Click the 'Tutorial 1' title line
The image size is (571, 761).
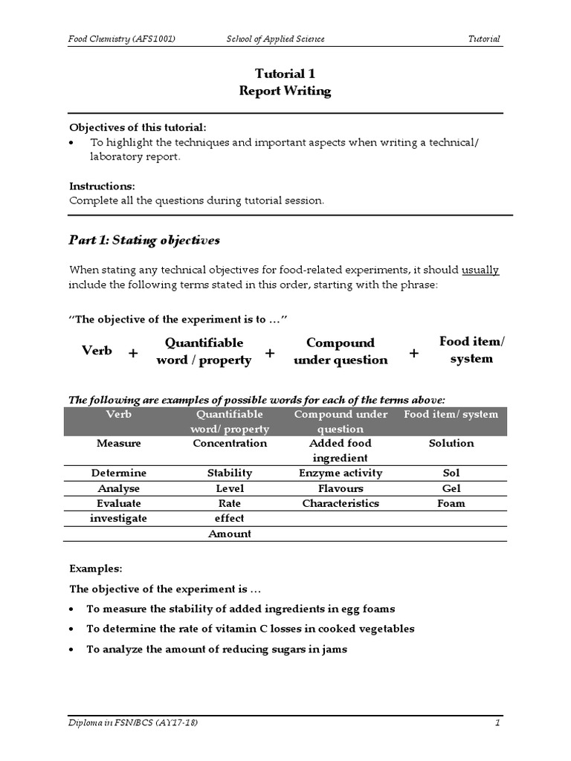pyautogui.click(x=280, y=74)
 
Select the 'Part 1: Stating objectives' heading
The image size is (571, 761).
pyautogui.click(x=144, y=241)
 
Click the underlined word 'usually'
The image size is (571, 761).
pyautogui.click(x=480, y=270)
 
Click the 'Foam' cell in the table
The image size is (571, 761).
pyautogui.click(x=451, y=504)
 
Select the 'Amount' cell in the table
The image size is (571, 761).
pyautogui.click(x=229, y=534)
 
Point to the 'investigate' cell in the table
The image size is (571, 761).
pyautogui.click(x=118, y=519)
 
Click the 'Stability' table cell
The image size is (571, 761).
pyautogui.click(x=229, y=473)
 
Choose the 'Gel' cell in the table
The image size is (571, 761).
pyautogui.click(x=451, y=489)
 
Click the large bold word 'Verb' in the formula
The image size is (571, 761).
pyautogui.click(x=97, y=350)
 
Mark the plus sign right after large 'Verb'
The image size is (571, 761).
pyautogui.click(x=132, y=354)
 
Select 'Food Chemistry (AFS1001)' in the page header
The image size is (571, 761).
pyautogui.click(x=122, y=39)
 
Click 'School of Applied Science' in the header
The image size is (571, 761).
pyautogui.click(x=276, y=39)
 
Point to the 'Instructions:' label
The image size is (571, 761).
pyautogui.click(x=102, y=186)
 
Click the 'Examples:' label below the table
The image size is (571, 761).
pyautogui.click(x=96, y=569)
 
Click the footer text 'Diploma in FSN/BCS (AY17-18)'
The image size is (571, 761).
pyautogui.click(x=133, y=723)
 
